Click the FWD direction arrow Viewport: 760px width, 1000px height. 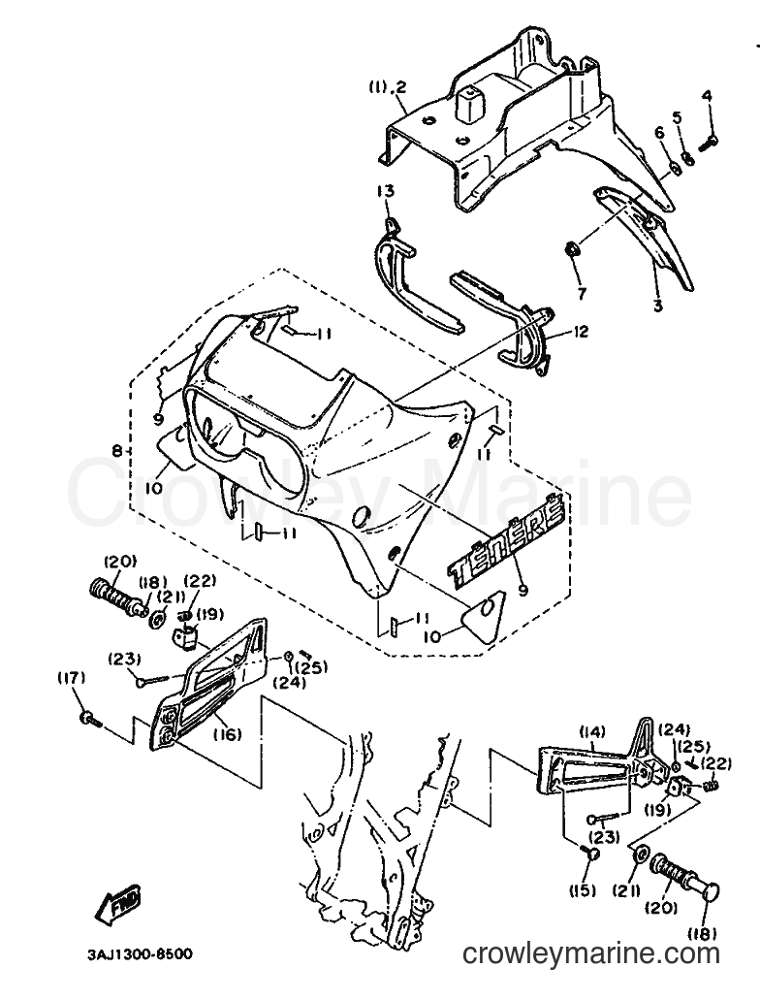coord(118,902)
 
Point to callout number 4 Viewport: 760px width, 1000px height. coord(707,97)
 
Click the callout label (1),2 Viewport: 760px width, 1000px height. coord(387,87)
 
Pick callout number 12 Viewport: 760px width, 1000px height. coord(581,332)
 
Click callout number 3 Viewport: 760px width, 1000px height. coord(657,306)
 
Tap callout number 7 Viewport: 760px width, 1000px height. coord(582,294)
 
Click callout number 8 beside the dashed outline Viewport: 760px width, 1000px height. coord(116,451)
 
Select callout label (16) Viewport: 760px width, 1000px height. coord(227,734)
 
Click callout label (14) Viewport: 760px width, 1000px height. coord(592,731)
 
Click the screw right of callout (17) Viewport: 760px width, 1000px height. coord(90,720)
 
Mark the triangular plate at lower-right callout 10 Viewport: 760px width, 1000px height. coord(482,615)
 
